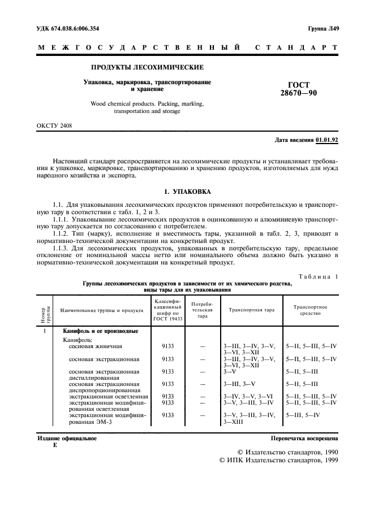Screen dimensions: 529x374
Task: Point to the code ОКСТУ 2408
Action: click(x=54, y=125)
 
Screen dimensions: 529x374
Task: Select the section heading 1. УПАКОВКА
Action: click(x=187, y=192)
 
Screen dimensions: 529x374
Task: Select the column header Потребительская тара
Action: click(x=203, y=310)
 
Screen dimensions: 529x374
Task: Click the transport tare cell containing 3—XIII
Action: click(x=233, y=422)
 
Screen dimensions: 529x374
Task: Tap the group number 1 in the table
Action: click(x=44, y=330)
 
